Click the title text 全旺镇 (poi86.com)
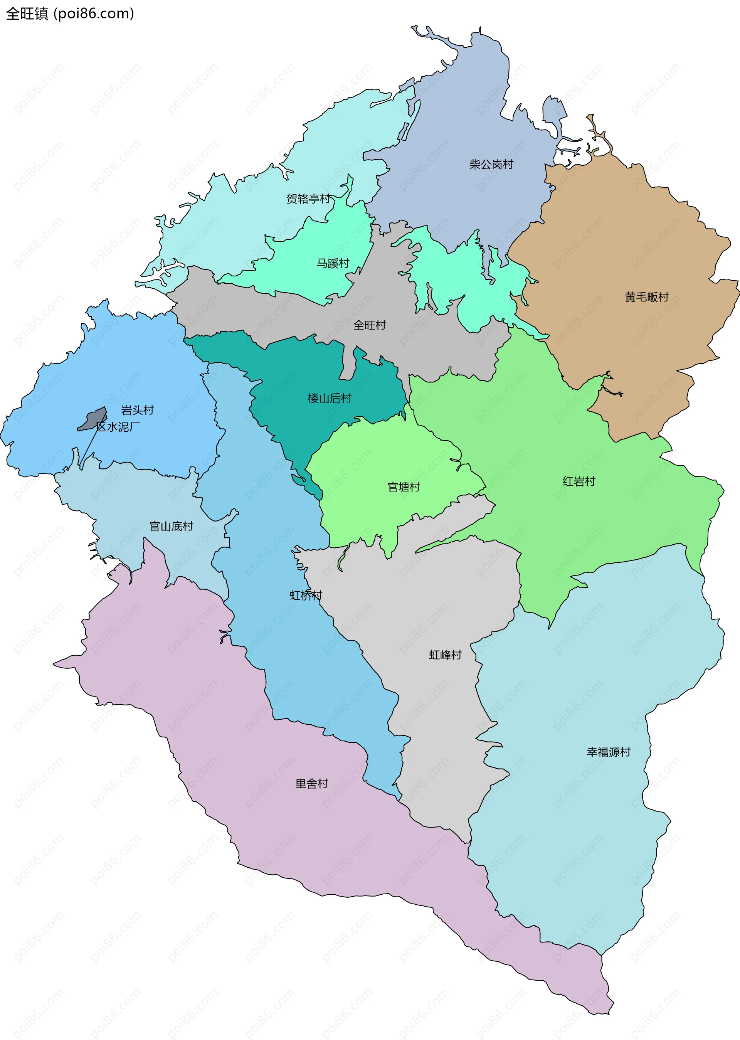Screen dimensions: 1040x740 [x=70, y=13]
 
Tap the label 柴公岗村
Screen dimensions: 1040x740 [x=491, y=165]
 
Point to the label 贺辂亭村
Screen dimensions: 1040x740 [x=308, y=199]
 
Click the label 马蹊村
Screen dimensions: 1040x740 [x=333, y=263]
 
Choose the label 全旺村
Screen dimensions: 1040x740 [x=369, y=325]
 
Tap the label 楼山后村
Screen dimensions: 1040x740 [x=330, y=398]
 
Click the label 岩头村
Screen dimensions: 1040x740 [x=137, y=410]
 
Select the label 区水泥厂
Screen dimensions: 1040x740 [x=118, y=427]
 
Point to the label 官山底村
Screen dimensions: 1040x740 [x=172, y=527]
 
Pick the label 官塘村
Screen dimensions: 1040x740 [x=403, y=487]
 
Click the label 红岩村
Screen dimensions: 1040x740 [x=579, y=482]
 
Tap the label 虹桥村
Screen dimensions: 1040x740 [x=306, y=595]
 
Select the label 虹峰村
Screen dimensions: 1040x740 [x=445, y=655]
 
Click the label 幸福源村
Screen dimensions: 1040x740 [x=608, y=752]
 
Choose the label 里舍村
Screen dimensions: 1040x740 [x=312, y=784]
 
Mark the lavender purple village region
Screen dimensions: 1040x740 [x=273, y=820]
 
